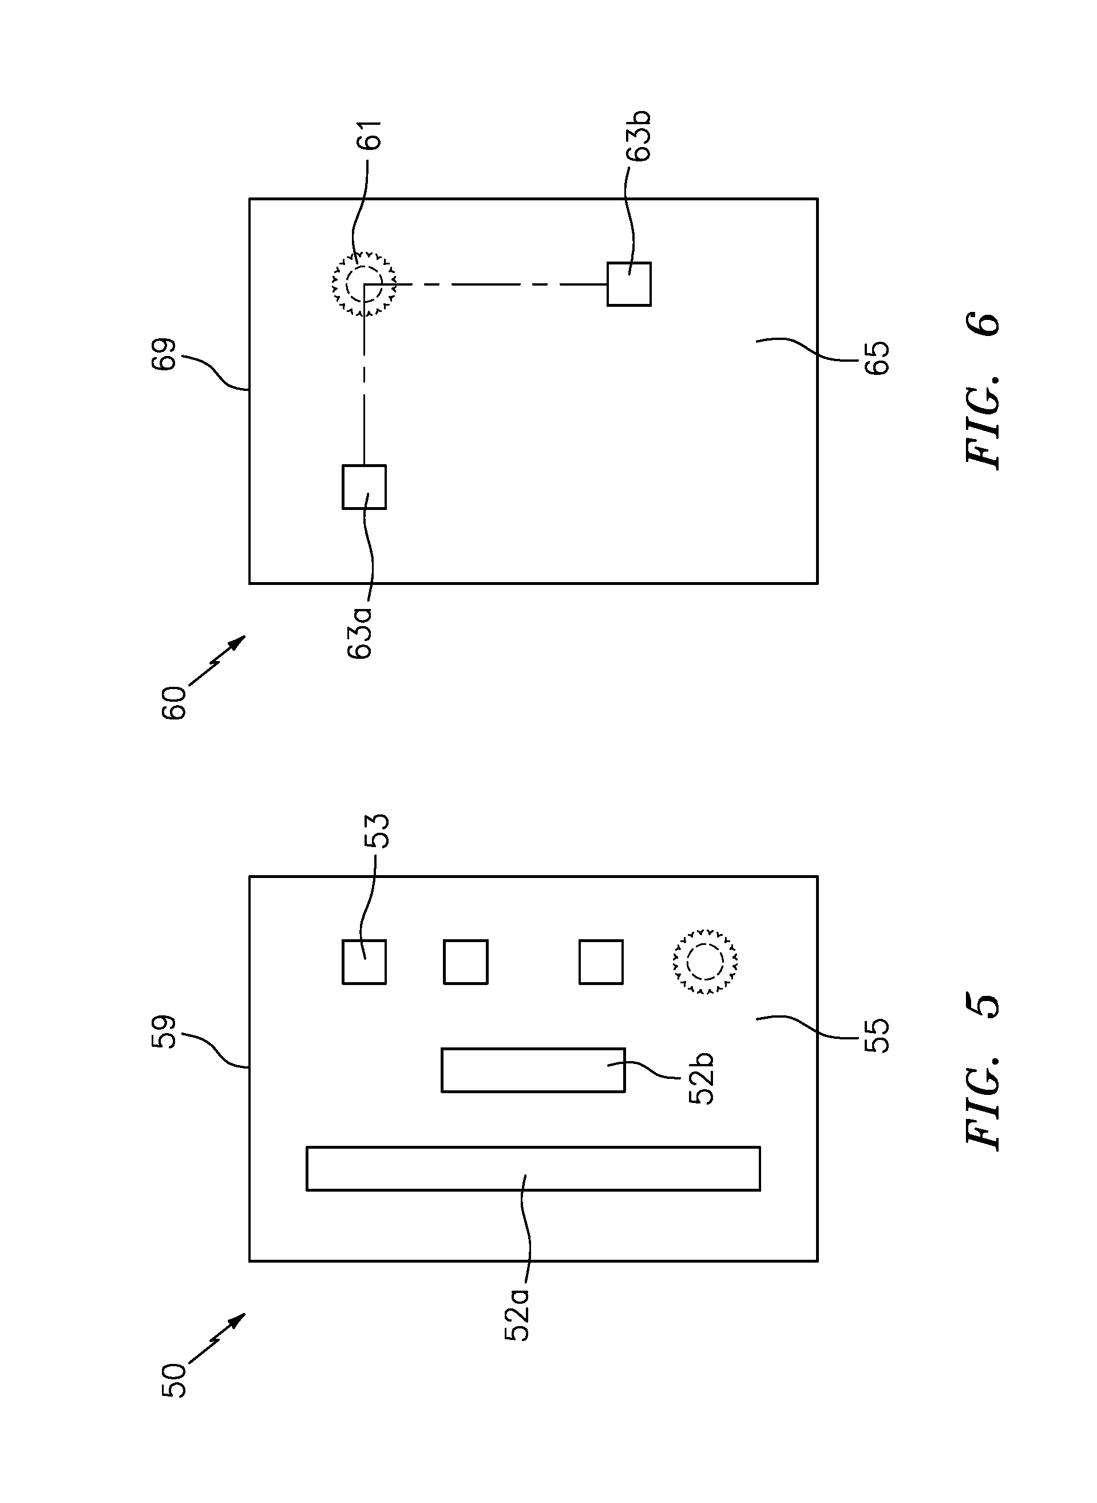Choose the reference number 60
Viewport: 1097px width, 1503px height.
174,703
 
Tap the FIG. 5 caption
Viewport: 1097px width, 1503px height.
983,1071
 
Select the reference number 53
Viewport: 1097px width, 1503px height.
376,831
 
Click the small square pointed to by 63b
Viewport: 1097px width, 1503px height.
629,284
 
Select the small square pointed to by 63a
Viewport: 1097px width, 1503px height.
364,487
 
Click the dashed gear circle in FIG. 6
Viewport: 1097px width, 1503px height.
364,284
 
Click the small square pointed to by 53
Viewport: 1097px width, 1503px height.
364,962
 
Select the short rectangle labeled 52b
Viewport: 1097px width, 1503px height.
533,1069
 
